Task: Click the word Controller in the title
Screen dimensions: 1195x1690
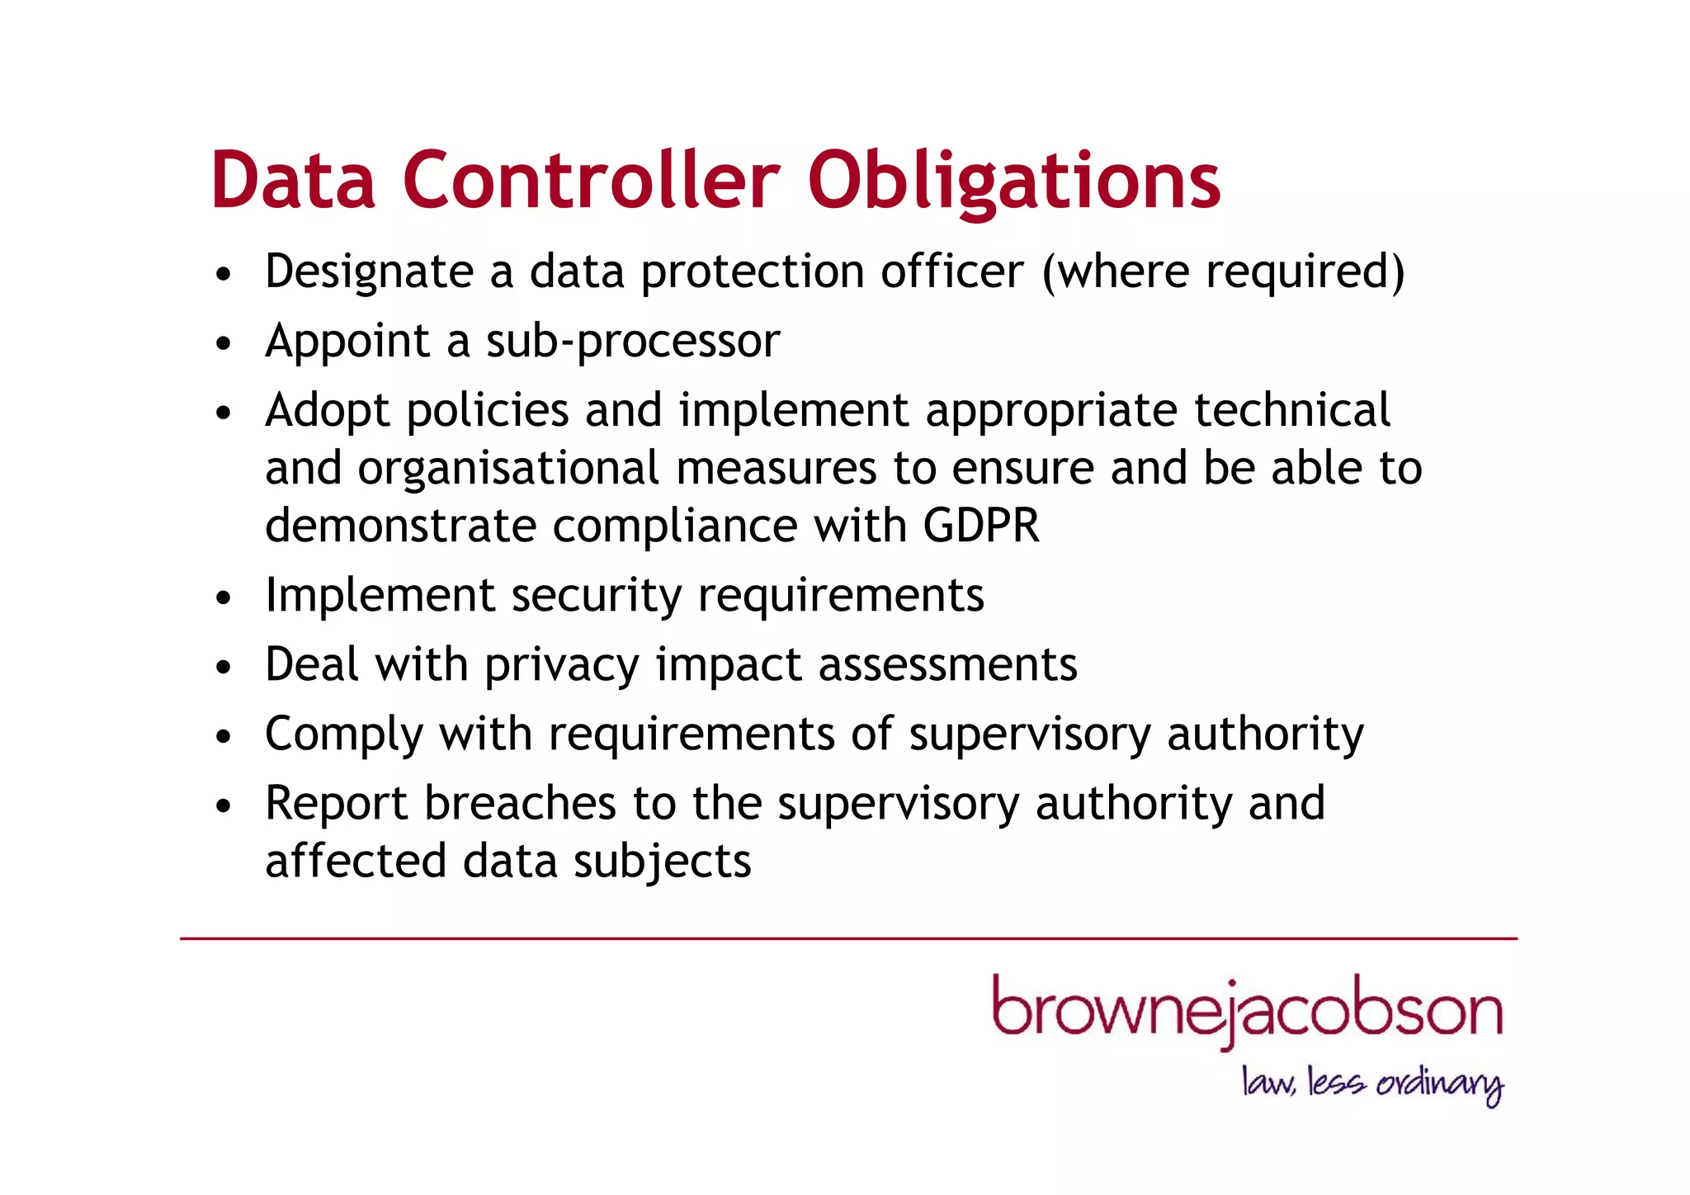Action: click(590, 180)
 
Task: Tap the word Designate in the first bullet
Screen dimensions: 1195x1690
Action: click(369, 272)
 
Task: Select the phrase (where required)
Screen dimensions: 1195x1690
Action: click(1223, 272)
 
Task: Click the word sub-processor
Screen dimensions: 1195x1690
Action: click(633, 341)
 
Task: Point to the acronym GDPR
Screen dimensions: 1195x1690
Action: click(981, 526)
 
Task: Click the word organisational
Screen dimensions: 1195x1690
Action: click(507, 469)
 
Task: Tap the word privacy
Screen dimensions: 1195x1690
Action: click(561, 665)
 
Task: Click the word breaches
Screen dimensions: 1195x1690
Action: click(520, 803)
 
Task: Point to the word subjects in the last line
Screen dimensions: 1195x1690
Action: click(662, 862)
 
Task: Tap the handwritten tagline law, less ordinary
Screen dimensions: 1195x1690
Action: click(1371, 1083)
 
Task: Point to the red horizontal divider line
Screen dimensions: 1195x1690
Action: click(848, 938)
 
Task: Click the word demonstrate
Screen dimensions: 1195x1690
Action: click(400, 526)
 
